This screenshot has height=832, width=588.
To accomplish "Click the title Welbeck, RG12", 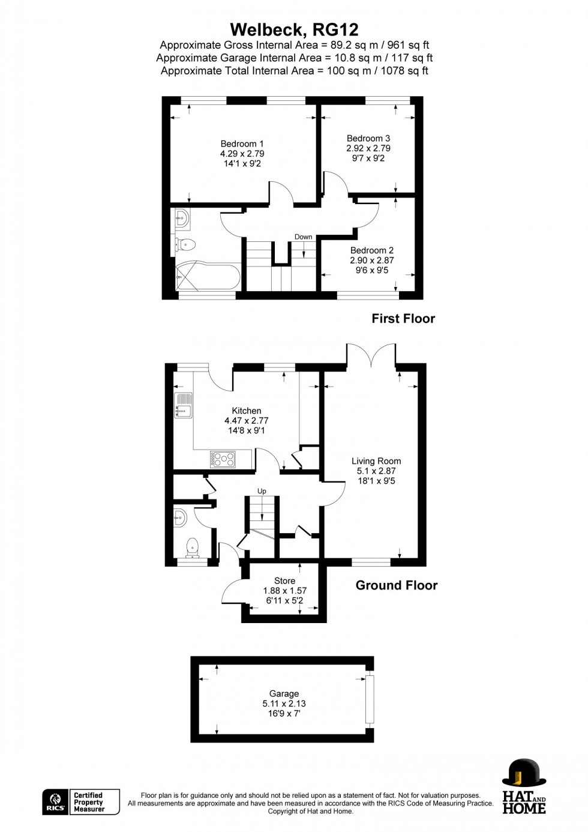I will [294, 29].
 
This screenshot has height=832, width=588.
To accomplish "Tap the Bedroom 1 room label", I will [242, 144].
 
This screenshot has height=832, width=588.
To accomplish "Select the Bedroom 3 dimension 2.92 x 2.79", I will [368, 148].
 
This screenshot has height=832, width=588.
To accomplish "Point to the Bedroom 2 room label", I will [372, 250].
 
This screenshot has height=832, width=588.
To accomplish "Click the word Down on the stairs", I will [303, 237].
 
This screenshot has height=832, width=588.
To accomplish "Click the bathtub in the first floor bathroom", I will [207, 277].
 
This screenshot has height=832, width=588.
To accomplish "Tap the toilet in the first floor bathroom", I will [185, 244].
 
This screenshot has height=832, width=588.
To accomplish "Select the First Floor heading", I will [403, 319].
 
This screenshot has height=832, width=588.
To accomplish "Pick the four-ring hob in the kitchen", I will [223, 459].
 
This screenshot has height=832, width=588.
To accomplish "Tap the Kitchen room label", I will [247, 411].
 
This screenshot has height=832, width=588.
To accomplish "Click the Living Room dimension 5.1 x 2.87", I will [376, 471].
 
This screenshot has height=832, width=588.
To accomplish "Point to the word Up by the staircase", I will [262, 491].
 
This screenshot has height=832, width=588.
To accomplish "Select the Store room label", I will [284, 581].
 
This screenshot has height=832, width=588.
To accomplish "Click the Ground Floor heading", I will [396, 585].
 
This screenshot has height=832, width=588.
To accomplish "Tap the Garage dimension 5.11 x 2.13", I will [284, 704].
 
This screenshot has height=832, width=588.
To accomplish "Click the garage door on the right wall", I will [370, 699].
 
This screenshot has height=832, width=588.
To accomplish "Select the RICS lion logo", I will [55, 802].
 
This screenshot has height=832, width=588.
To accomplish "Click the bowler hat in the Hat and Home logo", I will [523, 773].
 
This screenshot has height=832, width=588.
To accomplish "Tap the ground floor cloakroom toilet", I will [192, 546].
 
